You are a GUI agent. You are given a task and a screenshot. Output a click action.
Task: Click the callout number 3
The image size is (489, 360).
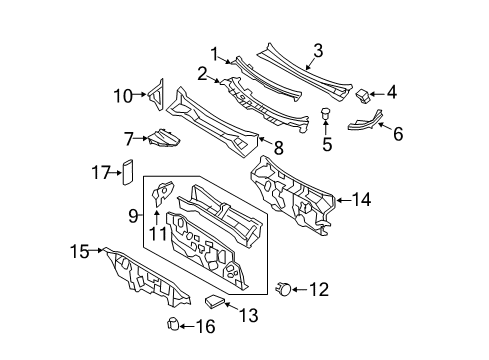tap(318, 51)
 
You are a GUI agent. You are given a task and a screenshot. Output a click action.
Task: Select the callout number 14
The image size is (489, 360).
tap(361, 200)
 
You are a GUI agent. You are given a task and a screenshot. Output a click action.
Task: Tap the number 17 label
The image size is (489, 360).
tap(101, 173)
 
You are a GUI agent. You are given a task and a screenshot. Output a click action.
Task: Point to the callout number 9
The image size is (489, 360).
tap(133, 216)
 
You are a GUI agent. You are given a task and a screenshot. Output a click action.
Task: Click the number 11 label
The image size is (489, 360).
tap(158, 233)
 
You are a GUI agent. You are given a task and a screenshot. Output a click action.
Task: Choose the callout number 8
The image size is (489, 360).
tap(278, 147)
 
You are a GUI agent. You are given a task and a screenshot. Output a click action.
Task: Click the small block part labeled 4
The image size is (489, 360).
tap(363, 95)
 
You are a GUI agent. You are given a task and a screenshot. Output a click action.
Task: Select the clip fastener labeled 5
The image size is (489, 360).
tap(325, 113)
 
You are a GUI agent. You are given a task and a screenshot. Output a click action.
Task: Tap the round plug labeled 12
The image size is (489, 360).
tap(284, 289)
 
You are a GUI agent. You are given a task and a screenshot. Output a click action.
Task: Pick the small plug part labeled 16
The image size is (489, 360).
tap(173, 324)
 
